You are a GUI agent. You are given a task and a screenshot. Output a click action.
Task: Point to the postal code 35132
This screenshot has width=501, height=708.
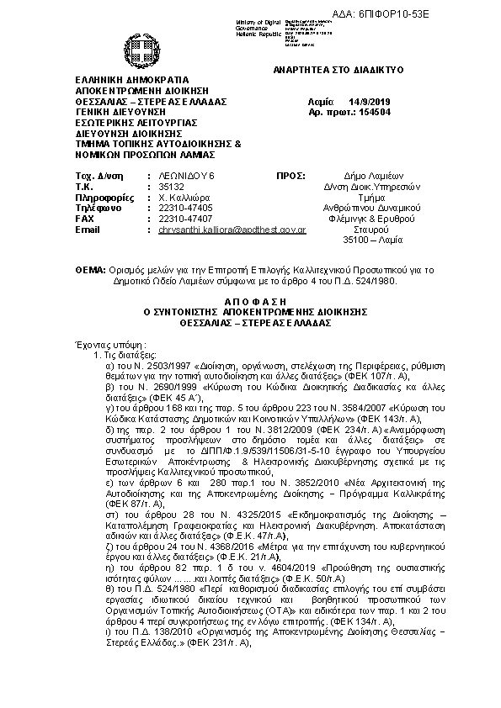pos(160,185)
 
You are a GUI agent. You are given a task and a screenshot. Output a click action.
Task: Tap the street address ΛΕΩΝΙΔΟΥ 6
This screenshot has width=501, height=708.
pos(175,173)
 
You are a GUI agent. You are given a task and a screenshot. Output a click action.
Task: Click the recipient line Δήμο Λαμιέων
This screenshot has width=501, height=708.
pos(368,173)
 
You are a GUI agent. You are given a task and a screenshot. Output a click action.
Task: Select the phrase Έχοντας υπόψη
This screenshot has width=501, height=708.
pos(104,344)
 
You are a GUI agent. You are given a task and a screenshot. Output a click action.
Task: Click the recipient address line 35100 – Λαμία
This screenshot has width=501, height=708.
pos(368,240)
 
